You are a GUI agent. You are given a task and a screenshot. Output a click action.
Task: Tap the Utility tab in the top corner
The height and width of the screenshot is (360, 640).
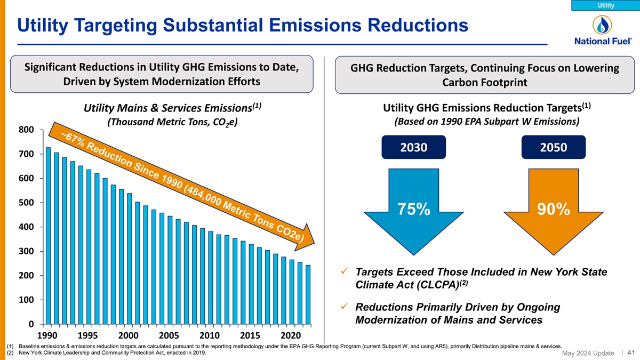point(605,5)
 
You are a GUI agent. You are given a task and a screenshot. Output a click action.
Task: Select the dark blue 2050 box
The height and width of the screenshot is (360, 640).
point(554,147)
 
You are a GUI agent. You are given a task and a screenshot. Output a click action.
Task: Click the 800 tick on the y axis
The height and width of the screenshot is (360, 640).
point(26,130)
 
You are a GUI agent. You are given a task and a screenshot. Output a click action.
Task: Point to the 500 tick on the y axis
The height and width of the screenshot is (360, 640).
point(26,203)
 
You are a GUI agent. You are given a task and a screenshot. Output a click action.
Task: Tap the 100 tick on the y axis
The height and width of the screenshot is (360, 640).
point(26,300)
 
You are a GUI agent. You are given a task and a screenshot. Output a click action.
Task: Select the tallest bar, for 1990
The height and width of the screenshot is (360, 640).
point(49,236)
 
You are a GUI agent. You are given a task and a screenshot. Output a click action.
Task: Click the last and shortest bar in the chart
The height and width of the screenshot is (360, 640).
point(308,294)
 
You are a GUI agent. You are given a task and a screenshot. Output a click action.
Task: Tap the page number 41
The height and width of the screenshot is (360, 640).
point(632,352)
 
